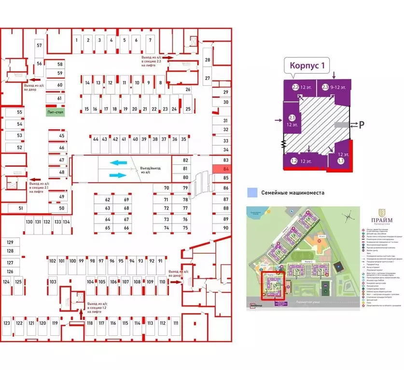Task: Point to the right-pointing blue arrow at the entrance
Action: (118, 175)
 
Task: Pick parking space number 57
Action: (40, 46)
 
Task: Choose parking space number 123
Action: (7, 323)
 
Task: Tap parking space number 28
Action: (208, 60)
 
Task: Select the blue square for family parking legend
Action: (251, 193)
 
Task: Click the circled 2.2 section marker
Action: (295, 87)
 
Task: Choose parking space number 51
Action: (20, 208)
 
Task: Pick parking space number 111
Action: (176, 323)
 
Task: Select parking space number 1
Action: (77, 40)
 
